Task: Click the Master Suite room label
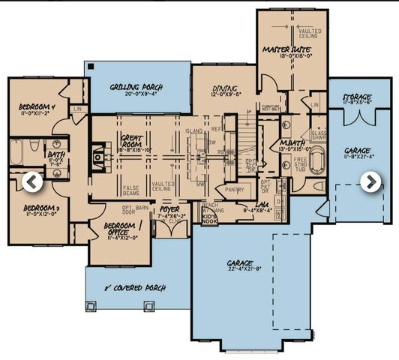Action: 281,49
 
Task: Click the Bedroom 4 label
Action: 37,108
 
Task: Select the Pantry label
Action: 235,190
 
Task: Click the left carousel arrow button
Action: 31,181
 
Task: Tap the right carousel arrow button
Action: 370,181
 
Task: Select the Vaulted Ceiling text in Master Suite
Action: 310,34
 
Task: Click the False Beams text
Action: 133,190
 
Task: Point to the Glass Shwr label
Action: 319,135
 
